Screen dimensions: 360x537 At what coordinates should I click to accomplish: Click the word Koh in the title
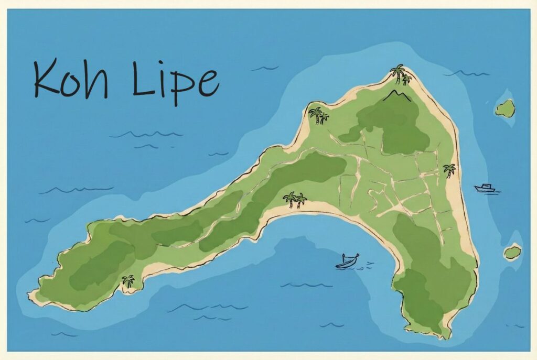click(71, 79)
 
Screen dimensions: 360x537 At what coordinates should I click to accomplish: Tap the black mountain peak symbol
click(397, 95)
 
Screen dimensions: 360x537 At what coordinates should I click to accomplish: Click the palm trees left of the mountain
click(318, 114)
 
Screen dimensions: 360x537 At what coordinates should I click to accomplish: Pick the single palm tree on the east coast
click(449, 170)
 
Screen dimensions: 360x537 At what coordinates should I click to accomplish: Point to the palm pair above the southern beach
click(295, 199)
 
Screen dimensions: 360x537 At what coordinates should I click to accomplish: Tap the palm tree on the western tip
click(127, 281)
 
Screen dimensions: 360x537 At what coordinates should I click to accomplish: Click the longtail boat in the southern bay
click(347, 260)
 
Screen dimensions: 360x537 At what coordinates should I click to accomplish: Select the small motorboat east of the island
click(485, 188)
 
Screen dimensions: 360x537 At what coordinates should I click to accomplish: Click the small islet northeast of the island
click(506, 108)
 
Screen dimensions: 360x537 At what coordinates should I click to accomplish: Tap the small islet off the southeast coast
click(512, 253)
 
